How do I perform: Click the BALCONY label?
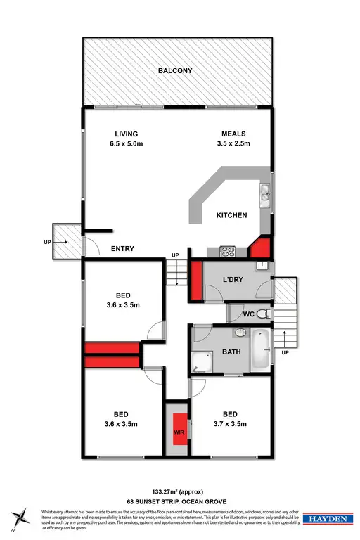[x=176, y=71]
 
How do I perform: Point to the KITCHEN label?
[x=231, y=215]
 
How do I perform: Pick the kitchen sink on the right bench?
[x=265, y=191]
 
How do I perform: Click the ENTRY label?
[x=123, y=249]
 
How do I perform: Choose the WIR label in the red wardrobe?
[x=179, y=432]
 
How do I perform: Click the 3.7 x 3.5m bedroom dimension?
[x=231, y=424]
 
